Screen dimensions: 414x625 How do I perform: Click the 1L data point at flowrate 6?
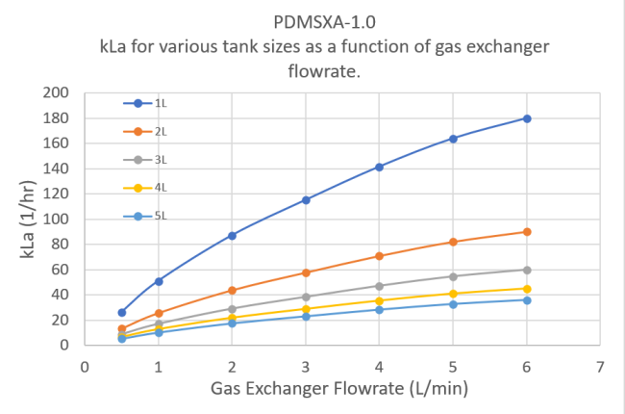[x=527, y=118]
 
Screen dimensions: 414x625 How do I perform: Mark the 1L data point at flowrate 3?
[x=306, y=200]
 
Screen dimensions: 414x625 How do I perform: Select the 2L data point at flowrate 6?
[x=527, y=232]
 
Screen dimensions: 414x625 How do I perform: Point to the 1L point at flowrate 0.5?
[x=122, y=312]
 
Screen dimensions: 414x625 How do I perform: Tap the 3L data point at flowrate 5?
[x=453, y=276]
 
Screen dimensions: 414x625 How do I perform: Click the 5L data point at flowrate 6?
[x=527, y=299]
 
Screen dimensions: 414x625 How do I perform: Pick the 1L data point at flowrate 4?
[x=380, y=167]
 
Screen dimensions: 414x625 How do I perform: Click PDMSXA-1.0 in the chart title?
[x=343, y=21]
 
